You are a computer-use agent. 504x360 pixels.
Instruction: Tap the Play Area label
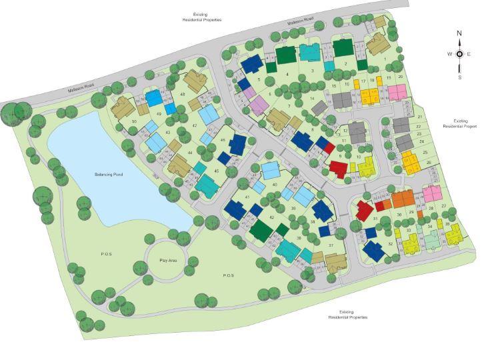tap(167, 259)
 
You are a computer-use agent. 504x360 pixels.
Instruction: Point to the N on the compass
tap(459, 33)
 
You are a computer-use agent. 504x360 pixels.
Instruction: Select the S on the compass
tap(459, 77)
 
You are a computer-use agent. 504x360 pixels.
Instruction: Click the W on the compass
tap(449, 55)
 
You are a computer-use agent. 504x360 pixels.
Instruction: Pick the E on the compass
tap(469, 55)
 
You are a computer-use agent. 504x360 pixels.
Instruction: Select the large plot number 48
tap(182, 94)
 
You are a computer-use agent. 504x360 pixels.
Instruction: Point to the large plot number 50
tap(134, 121)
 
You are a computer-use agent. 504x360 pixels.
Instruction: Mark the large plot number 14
tap(312, 99)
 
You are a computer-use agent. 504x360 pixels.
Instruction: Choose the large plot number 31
tap(375, 219)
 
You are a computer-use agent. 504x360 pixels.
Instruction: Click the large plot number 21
tap(420, 117)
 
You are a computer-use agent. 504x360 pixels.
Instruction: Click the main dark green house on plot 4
tap(285, 56)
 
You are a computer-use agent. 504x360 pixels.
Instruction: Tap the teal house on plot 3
tap(309, 52)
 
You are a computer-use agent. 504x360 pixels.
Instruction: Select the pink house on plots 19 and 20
tap(397, 91)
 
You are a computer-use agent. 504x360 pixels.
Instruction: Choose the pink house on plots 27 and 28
tap(431, 194)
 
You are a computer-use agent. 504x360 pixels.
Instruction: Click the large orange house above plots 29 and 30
tap(403, 198)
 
